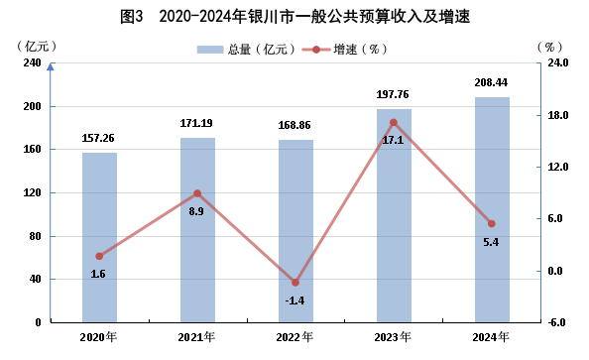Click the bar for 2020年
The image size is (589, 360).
99,237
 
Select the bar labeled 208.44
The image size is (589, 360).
492,209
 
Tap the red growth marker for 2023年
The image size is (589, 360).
394,123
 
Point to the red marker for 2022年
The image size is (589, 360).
295,283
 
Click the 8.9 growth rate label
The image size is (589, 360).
196,211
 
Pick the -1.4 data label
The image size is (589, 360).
294,300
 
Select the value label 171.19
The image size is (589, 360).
196,123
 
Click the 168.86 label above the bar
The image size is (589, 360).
294,125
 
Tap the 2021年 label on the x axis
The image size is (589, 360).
196,337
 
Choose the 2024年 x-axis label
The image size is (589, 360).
491,337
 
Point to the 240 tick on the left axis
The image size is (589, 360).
33,62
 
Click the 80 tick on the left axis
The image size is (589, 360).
35,236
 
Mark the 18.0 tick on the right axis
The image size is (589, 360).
558,115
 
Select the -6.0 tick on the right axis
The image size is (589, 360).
556,322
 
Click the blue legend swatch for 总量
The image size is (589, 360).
210,50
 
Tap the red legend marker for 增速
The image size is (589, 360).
316,50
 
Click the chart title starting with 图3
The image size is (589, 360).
294,17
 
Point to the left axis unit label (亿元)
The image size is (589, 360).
37,47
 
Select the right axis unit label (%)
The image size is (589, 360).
549,47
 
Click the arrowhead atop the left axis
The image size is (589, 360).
51,66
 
